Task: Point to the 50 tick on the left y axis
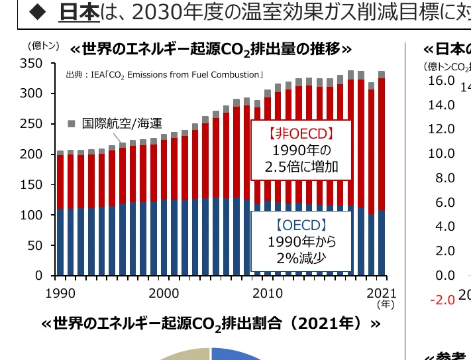36,245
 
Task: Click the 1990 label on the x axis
60,293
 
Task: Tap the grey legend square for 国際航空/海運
72,123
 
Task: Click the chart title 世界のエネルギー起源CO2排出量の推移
210,49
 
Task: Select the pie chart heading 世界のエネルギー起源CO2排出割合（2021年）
211,324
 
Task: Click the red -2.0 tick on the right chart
442,300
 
